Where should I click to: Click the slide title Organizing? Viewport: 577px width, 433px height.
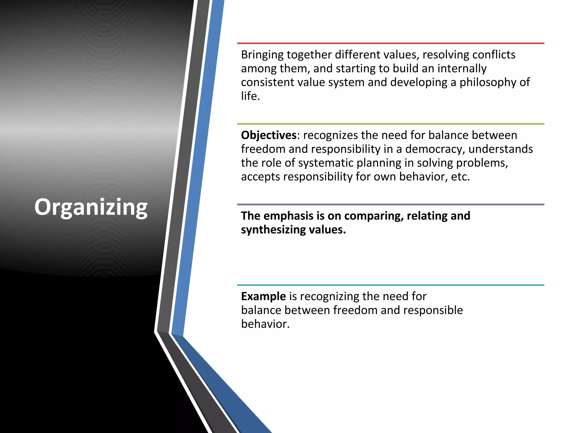click(91, 207)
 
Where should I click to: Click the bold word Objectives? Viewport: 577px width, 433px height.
click(268, 135)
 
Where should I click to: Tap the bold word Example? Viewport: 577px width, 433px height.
click(263, 296)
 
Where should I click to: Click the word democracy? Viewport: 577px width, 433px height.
click(434, 149)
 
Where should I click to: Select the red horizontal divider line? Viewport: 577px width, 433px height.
click(390, 43)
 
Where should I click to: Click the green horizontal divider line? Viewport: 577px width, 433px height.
click(390, 124)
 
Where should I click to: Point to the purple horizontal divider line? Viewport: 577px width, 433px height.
click(390, 204)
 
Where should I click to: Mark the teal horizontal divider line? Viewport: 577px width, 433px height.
click(390, 285)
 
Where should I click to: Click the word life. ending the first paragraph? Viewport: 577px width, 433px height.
click(250, 96)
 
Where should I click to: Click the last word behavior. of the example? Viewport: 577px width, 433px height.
click(265, 324)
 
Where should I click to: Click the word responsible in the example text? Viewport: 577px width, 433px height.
click(433, 310)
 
